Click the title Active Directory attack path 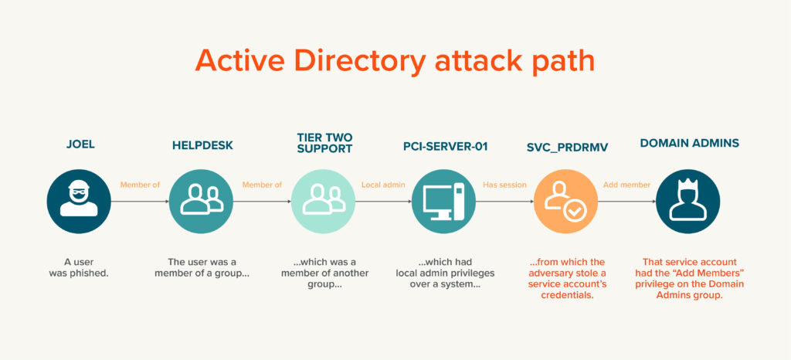click(395, 60)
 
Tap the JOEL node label click(80, 144)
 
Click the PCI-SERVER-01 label click(445, 144)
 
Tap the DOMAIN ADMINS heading click(689, 144)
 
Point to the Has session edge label click(504, 185)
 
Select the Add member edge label click(626, 185)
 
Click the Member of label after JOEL click(140, 185)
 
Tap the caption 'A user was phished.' click(79, 267)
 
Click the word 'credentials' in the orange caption click(566, 295)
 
